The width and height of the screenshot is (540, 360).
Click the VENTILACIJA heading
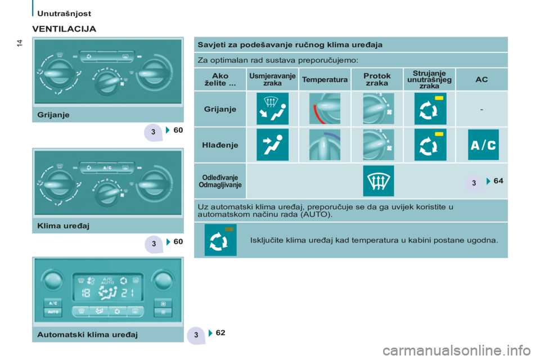[x=64, y=29]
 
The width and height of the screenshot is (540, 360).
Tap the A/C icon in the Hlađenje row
[x=483, y=145]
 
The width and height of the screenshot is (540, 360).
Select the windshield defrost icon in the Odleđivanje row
[x=379, y=181]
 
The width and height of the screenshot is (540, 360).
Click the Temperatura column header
[x=325, y=79]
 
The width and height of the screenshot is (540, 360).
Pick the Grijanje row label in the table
[x=220, y=109]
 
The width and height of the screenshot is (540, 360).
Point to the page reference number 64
[x=498, y=181]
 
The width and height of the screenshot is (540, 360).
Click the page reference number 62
[x=220, y=333]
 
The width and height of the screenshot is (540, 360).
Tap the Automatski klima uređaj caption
[x=88, y=335]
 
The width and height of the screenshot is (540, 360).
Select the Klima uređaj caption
[x=64, y=226]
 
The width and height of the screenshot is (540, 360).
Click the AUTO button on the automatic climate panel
[x=53, y=312]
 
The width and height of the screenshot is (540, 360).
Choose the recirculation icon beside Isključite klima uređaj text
[x=220, y=240]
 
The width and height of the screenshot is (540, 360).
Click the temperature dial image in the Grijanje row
[x=325, y=109]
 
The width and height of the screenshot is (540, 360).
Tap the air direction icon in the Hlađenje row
[x=272, y=145]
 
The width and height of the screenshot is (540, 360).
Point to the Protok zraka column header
[x=377, y=79]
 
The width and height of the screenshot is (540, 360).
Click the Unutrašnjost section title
[x=64, y=13]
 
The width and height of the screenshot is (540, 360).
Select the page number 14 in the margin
[x=20, y=43]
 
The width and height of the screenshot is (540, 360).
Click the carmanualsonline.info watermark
[x=457, y=350]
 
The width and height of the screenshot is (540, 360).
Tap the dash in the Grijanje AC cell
[x=481, y=110]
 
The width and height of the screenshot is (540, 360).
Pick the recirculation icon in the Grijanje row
[x=430, y=109]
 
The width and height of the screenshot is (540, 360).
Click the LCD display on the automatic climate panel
[x=108, y=287]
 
